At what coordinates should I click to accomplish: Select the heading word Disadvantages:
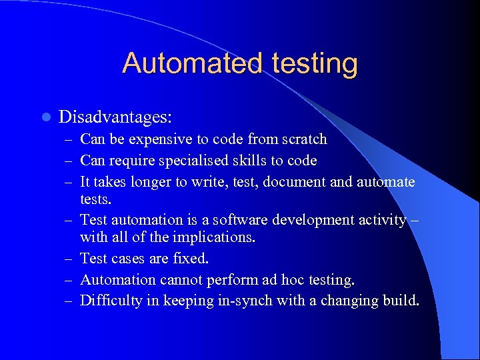pyautogui.click(x=115, y=117)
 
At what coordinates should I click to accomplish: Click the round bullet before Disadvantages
pyautogui.click(x=45, y=117)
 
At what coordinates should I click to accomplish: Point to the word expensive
pyautogui.click(x=159, y=140)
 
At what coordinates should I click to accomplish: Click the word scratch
pyautogui.click(x=304, y=139)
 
